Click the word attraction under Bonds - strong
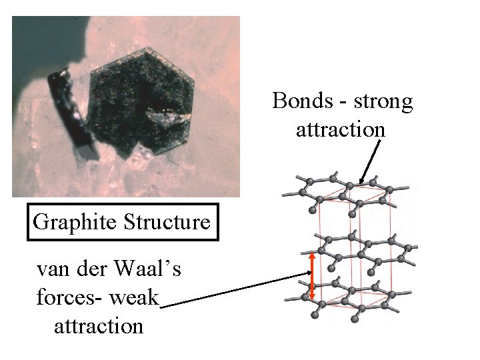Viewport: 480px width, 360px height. click(341, 128)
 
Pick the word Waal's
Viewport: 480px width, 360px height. click(151, 271)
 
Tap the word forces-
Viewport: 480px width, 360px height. click(68, 297)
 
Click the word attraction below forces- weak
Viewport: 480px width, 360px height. click(97, 325)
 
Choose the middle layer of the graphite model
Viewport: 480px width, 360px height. click(360, 249)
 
